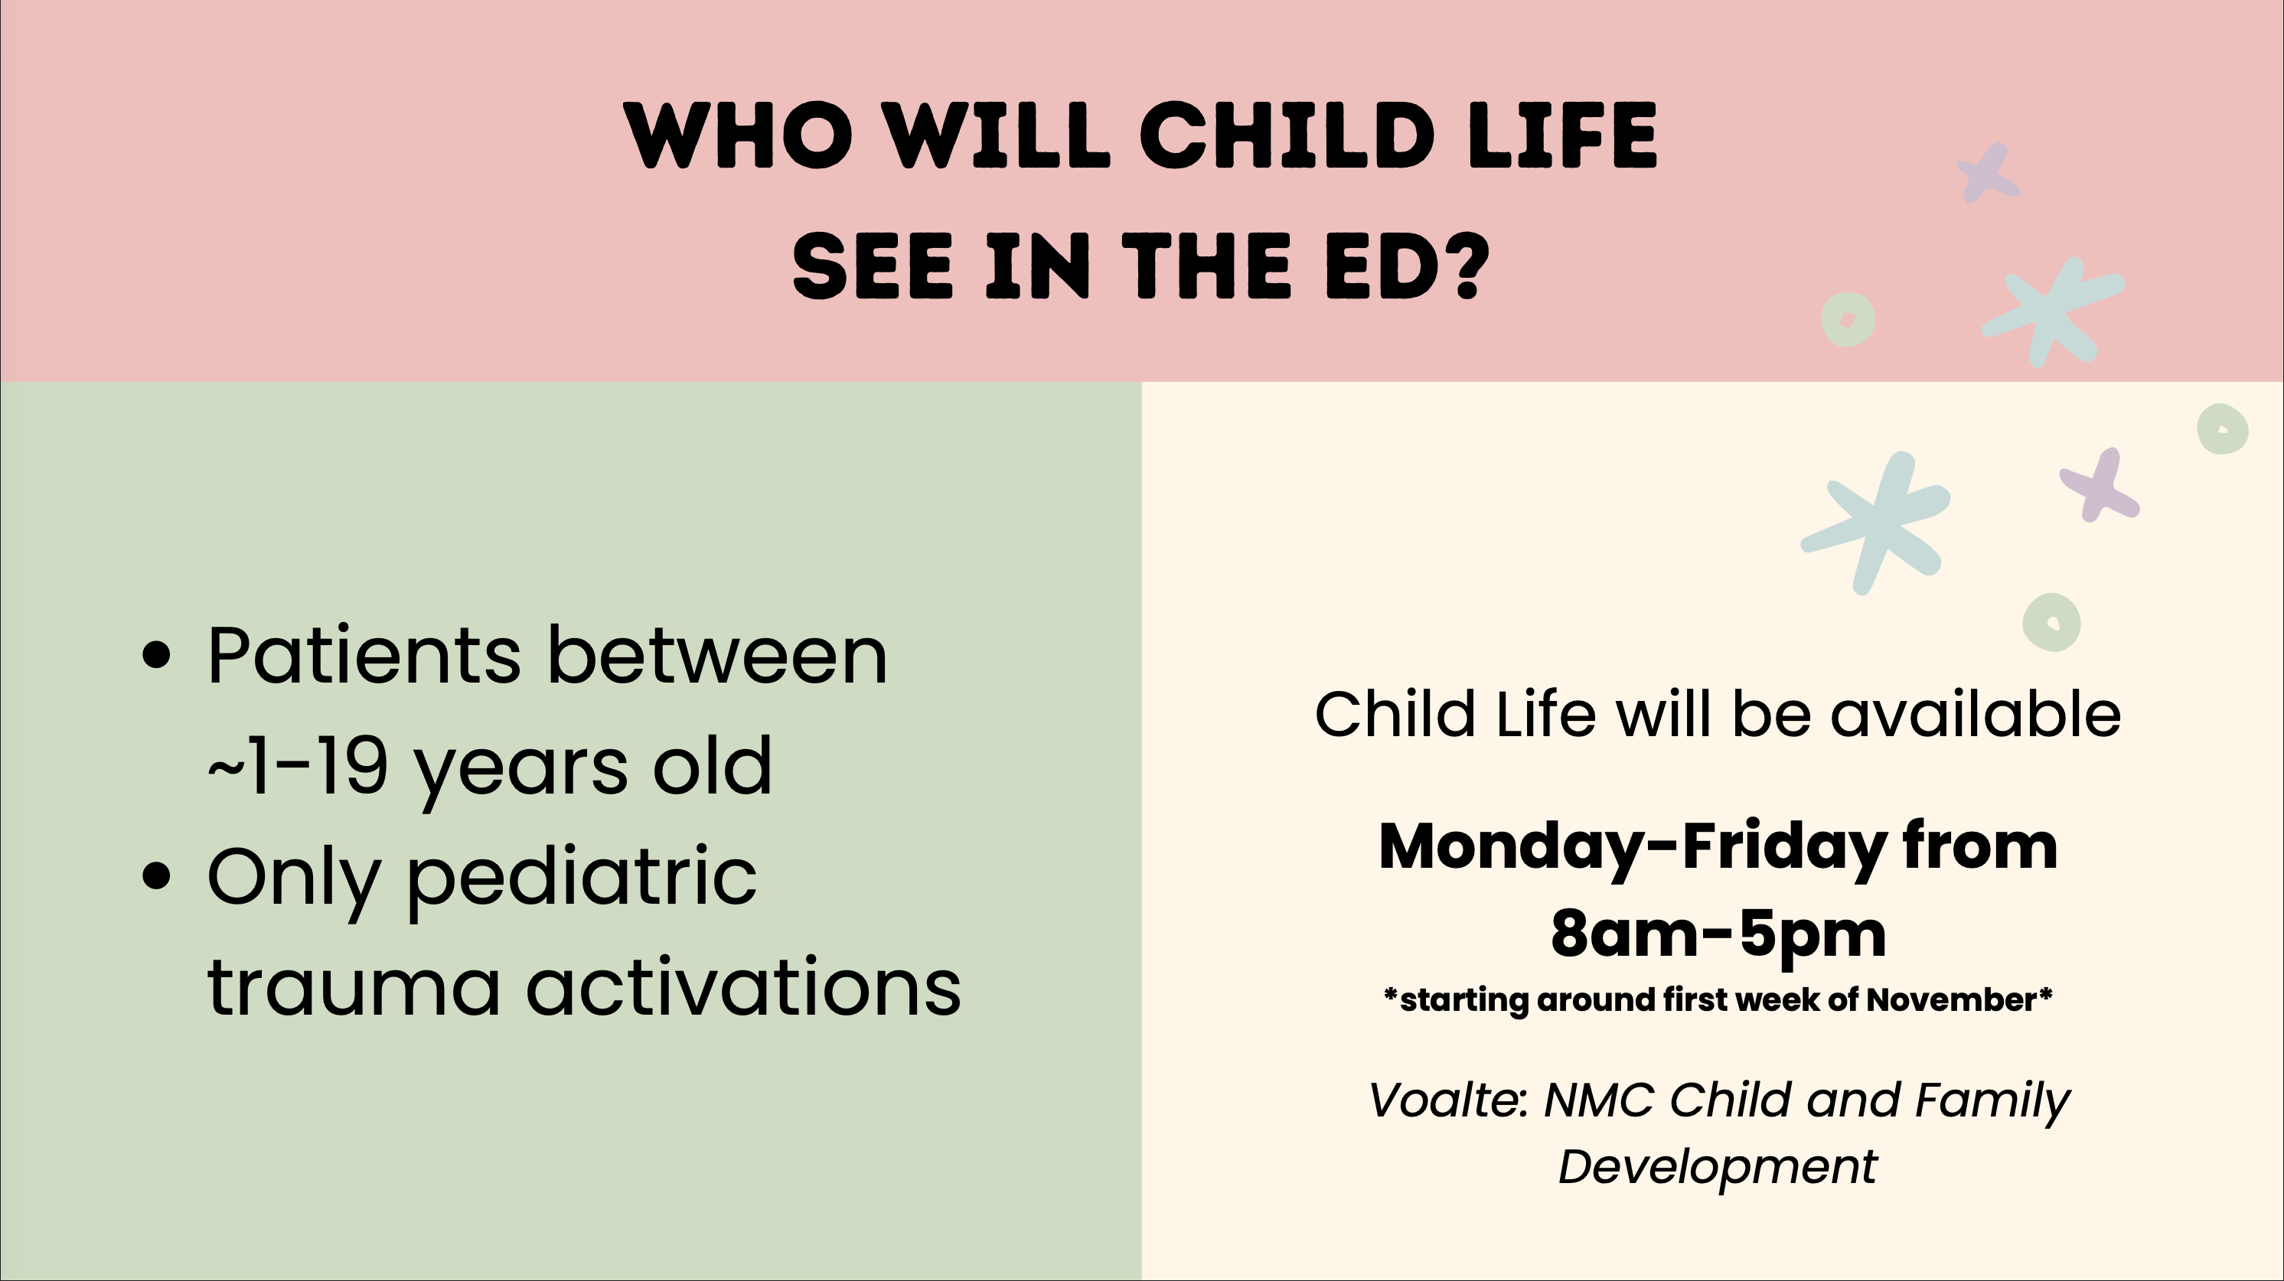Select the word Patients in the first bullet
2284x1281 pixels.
tap(364, 656)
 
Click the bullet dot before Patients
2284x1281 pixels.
tap(156, 656)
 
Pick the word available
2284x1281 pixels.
tap(1976, 714)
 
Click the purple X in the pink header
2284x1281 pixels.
tap(1989, 172)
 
